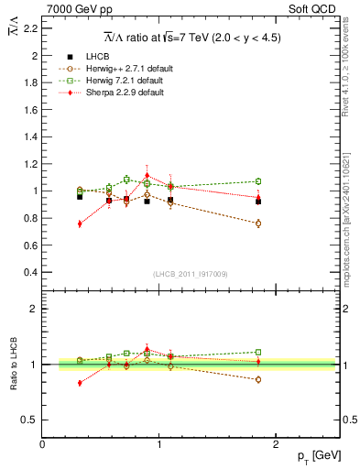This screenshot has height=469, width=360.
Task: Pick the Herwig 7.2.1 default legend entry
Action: (x=129, y=81)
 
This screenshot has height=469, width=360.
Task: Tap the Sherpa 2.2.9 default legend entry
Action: (x=129, y=93)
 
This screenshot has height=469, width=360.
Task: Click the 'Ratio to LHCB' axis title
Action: (x=13, y=365)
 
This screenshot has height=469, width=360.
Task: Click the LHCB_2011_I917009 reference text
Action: (x=190, y=274)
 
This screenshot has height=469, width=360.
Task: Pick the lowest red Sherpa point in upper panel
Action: (x=80, y=224)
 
